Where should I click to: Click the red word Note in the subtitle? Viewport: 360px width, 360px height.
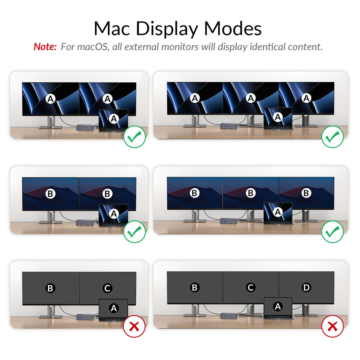pyautogui.click(x=45, y=47)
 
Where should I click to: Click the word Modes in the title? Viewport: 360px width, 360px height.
pyautogui.click(x=233, y=29)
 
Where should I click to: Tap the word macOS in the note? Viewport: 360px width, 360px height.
pyautogui.click(x=92, y=47)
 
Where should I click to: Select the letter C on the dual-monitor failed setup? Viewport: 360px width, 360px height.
pyautogui.click(x=107, y=288)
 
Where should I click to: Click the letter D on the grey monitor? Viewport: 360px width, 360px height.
pyautogui.click(x=306, y=287)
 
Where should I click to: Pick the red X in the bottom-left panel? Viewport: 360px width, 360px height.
pyautogui.click(x=134, y=326)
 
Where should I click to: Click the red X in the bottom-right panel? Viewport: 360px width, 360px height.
pyautogui.click(x=332, y=326)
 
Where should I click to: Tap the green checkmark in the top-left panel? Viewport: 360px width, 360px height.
pyautogui.click(x=135, y=137)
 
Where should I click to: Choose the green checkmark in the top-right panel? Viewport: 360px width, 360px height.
pyautogui.click(x=333, y=137)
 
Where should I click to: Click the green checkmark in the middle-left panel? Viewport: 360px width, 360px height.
pyautogui.click(x=135, y=232)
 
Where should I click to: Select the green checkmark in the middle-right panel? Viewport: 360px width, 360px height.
pyautogui.click(x=333, y=232)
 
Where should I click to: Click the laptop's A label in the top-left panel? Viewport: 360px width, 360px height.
pyautogui.click(x=114, y=119)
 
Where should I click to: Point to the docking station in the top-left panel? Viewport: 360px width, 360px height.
pyautogui.click(x=85, y=128)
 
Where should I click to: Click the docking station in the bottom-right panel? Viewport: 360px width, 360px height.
pyautogui.click(x=228, y=316)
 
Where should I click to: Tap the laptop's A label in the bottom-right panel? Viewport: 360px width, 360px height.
pyautogui.click(x=278, y=307)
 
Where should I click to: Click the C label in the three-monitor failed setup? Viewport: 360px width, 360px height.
pyautogui.click(x=250, y=287)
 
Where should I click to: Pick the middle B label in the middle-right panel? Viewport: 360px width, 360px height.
pyautogui.click(x=250, y=193)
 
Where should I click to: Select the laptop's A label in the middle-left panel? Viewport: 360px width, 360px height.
pyautogui.click(x=114, y=214)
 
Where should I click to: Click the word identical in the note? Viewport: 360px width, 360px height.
pyautogui.click(x=267, y=47)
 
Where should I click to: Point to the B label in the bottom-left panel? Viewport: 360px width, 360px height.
pyautogui.click(x=50, y=288)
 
